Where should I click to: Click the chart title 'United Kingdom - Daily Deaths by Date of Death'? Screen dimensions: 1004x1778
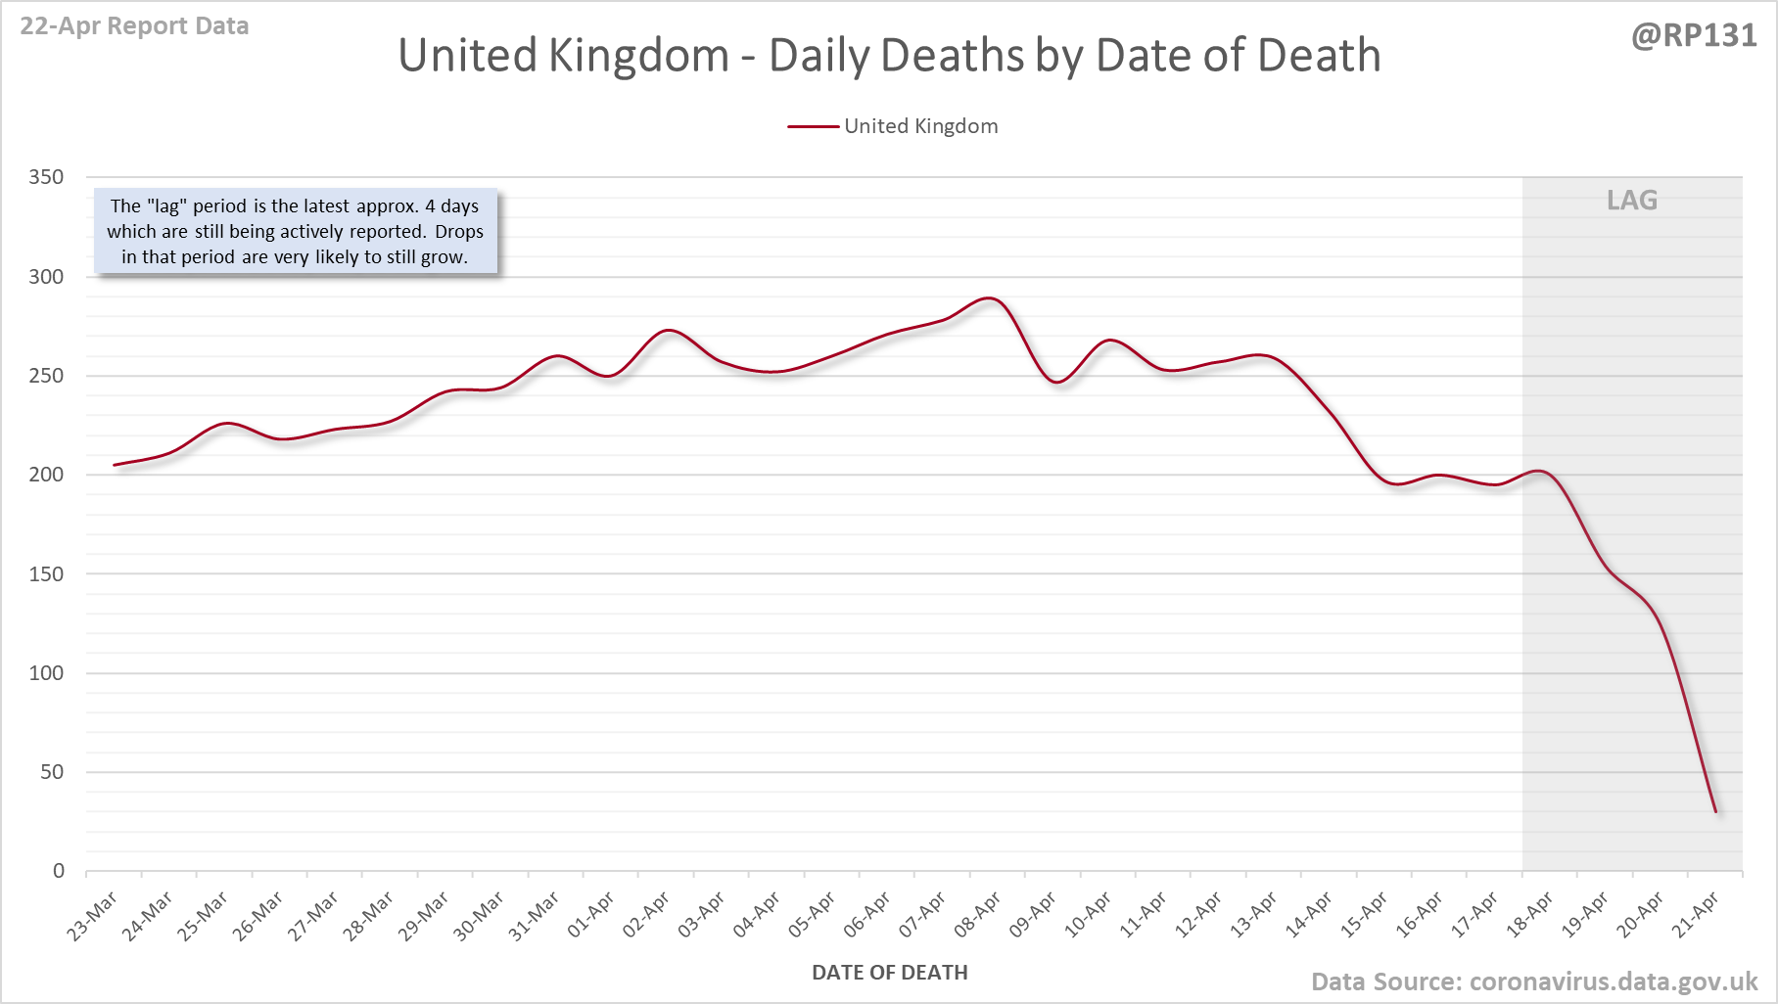pos(889,56)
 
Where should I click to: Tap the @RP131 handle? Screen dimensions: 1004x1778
pos(1694,35)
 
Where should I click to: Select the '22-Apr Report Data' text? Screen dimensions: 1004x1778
pos(134,25)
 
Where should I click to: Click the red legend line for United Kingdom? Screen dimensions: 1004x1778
pos(813,126)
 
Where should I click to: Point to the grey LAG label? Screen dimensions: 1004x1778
pos(1631,201)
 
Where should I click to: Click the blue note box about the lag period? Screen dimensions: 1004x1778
pos(295,232)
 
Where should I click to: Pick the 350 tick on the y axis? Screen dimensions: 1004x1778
pos(46,177)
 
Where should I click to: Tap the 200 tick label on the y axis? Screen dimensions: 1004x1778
pos(46,475)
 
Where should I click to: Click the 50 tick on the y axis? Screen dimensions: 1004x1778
pos(52,772)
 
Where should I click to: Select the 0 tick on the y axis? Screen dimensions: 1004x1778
pos(59,871)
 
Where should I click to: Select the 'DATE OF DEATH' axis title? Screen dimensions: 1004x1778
pos(889,973)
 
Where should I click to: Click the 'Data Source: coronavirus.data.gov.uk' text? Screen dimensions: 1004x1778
pos(1534,981)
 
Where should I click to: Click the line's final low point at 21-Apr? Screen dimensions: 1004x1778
pos(1715,811)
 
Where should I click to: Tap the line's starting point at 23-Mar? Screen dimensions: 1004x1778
pos(115,465)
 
